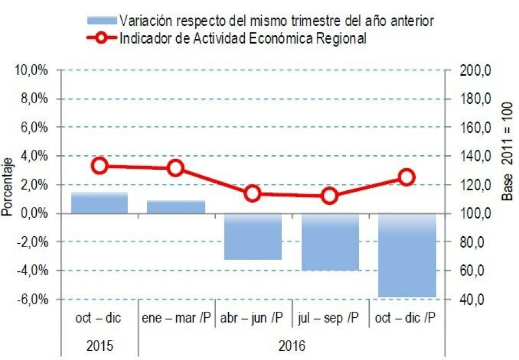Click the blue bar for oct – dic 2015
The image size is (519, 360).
coord(99,203)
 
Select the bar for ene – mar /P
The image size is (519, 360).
coord(176,207)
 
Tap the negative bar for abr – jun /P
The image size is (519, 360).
coord(252,236)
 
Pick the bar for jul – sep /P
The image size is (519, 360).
coord(330,242)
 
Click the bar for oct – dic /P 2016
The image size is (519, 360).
coord(407,255)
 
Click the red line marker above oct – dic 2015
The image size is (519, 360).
coord(99,166)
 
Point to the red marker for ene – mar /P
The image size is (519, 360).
coord(176,168)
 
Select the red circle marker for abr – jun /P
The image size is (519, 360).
coord(252,194)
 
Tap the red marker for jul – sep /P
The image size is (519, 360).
coord(330,196)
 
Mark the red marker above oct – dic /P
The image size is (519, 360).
coord(407,177)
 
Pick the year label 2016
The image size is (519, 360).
coord(291,345)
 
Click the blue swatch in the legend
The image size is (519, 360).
coord(102,21)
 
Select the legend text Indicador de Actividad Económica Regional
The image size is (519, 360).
coord(243,38)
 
